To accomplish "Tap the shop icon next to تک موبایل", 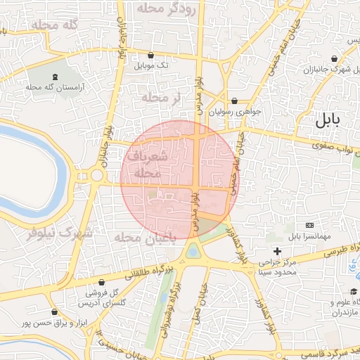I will [x=151, y=55].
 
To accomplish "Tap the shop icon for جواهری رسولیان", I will [x=234, y=101].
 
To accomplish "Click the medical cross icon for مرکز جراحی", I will [x=278, y=251].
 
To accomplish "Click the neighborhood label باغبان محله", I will [x=143, y=239].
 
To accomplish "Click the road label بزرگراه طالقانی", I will [x=138, y=274].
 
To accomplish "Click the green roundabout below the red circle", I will [x=193, y=250].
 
